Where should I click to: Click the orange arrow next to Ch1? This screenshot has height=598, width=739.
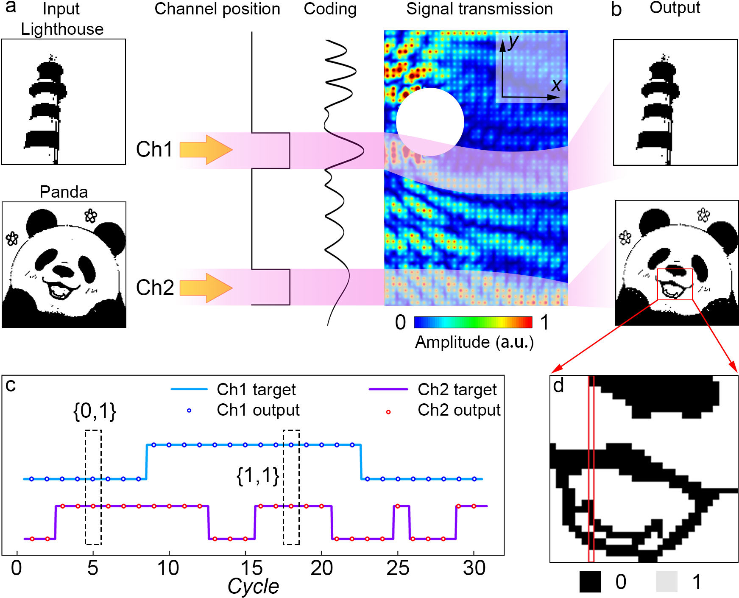point(206,150)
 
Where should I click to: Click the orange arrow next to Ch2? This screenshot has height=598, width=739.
point(206,288)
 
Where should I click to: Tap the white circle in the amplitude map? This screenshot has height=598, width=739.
point(430,122)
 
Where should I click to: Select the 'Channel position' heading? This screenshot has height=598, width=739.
point(217,9)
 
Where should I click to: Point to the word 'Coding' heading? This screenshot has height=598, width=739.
point(330,9)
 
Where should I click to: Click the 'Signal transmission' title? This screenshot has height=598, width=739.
point(479,9)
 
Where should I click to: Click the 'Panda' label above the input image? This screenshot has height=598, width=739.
point(64,192)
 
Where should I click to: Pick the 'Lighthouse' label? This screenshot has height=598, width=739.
point(62,29)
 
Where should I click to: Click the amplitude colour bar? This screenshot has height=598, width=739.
point(473,322)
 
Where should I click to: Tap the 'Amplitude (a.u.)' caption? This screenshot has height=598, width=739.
point(474,342)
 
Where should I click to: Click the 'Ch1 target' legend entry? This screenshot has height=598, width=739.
point(256,389)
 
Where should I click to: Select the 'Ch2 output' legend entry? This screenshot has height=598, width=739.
point(459,410)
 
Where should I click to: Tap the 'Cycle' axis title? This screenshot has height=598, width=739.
point(253,587)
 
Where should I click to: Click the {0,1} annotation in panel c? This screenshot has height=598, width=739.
point(95,411)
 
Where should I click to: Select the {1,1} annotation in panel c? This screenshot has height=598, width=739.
point(258,475)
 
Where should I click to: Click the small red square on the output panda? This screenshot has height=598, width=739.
point(675,284)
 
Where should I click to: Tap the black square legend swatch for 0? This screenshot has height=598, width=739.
point(590,582)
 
